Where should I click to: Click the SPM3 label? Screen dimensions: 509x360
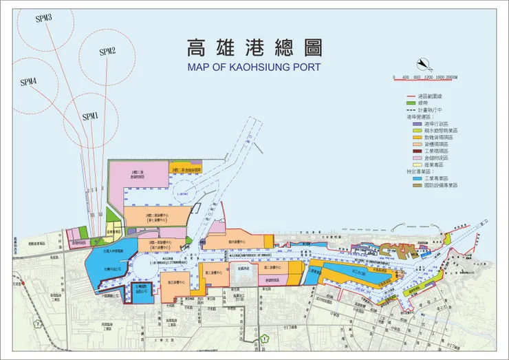pyautogui.click(x=45, y=18)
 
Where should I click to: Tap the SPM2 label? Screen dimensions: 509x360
pyautogui.click(x=107, y=52)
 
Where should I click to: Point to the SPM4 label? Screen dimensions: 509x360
pyautogui.click(x=28, y=82)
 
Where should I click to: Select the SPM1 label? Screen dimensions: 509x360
pyautogui.click(x=91, y=116)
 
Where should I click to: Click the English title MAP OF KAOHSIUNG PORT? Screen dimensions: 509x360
pyautogui.click(x=254, y=67)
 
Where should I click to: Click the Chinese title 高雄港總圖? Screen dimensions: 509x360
pyautogui.click(x=254, y=47)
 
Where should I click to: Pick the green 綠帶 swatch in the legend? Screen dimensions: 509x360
pyautogui.click(x=414, y=103)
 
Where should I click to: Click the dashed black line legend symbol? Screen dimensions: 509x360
pyautogui.click(x=414, y=110)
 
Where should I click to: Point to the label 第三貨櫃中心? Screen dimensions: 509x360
pyautogui.click(x=272, y=266)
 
